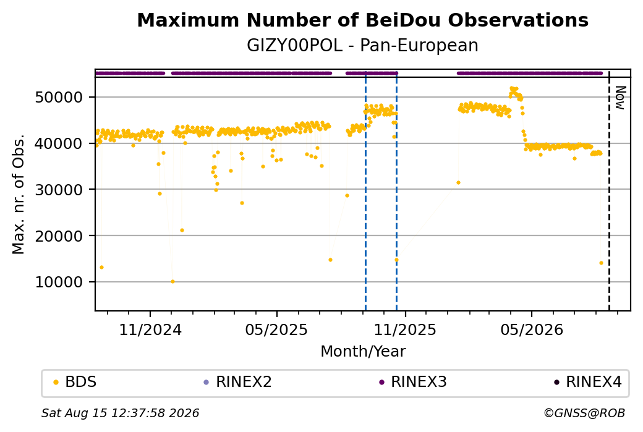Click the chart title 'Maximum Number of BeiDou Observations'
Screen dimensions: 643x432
pyautogui.click(x=362, y=20)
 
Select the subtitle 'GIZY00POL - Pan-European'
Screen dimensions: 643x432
pyautogui.click(x=362, y=46)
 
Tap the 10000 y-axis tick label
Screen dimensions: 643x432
pyautogui.click(x=59, y=282)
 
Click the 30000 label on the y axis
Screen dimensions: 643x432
pyautogui.click(x=59, y=190)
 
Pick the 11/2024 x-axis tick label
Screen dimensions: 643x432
pyautogui.click(x=150, y=329)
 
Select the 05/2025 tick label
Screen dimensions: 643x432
pyautogui.click(x=276, y=329)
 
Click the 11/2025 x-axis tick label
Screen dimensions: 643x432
pyautogui.click(x=405, y=329)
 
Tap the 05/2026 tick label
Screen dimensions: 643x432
pyautogui.click(x=532, y=329)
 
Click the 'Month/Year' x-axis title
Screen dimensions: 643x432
pyautogui.click(x=363, y=352)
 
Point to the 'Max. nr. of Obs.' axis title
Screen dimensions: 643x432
pyautogui.click(x=19, y=194)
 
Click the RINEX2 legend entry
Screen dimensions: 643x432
pyautogui.click(x=238, y=382)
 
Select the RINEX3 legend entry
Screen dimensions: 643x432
pyautogui.click(x=413, y=382)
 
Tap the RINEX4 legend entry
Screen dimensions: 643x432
pyautogui.click(x=587, y=382)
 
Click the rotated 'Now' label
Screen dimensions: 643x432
pyautogui.click(x=621, y=98)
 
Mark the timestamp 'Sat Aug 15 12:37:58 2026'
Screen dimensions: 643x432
pyautogui.click(x=120, y=413)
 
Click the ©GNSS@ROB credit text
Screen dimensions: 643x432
pyautogui.click(x=584, y=413)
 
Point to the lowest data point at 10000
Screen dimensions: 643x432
pyautogui.click(x=172, y=282)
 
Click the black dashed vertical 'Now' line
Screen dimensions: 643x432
pyautogui.click(x=609, y=190)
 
